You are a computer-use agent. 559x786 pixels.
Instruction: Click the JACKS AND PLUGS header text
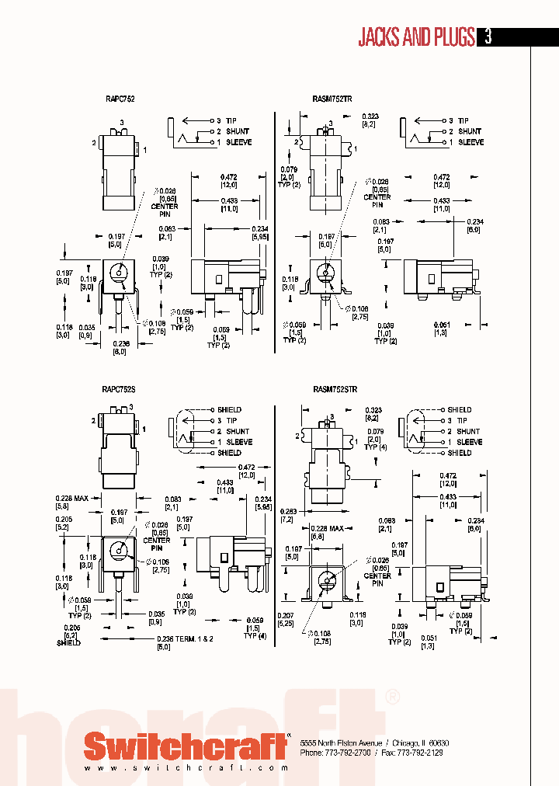point(416,37)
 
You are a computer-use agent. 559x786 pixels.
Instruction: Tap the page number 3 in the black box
point(488,37)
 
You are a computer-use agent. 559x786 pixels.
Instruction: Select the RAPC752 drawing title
point(119,99)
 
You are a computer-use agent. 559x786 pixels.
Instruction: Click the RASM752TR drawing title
point(332,99)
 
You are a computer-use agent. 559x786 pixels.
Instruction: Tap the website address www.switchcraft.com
point(179,768)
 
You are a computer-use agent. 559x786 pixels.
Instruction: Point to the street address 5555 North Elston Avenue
point(341,743)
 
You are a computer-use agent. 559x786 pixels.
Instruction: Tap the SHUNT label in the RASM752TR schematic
point(469,131)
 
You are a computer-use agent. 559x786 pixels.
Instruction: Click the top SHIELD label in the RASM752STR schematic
point(459,409)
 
